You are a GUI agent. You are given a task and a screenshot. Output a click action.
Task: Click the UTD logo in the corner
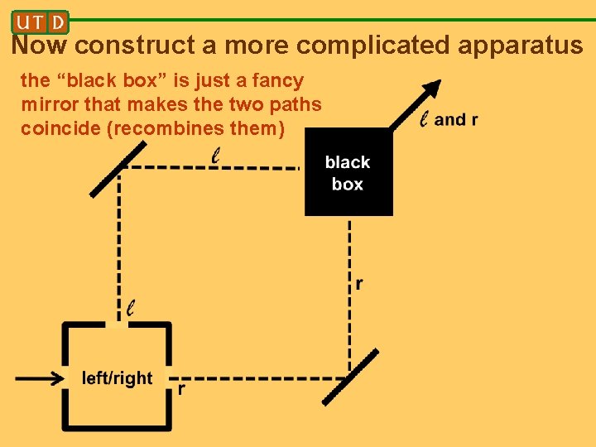pyautogui.click(x=41, y=22)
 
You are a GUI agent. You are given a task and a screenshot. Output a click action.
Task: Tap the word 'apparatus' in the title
pyautogui.click(x=521, y=45)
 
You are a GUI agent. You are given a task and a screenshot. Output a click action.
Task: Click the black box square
pyautogui.click(x=348, y=172)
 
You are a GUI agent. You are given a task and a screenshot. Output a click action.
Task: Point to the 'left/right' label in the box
pyautogui.click(x=117, y=378)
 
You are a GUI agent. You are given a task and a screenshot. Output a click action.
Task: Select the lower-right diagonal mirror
pyautogui.click(x=349, y=377)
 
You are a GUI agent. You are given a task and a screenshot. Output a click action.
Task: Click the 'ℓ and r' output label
pyautogui.click(x=449, y=120)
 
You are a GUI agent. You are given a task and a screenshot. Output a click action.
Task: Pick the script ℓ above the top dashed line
pyautogui.click(x=216, y=155)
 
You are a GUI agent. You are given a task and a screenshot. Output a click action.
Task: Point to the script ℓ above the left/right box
pyautogui.click(x=131, y=308)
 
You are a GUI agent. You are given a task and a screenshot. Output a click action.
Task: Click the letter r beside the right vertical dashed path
pyautogui.click(x=358, y=284)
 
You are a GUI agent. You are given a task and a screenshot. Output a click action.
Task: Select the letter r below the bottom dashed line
pyautogui.click(x=181, y=389)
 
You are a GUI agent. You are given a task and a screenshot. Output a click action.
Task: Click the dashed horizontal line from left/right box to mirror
pyautogui.click(x=257, y=379)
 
